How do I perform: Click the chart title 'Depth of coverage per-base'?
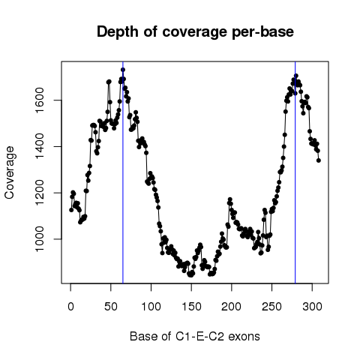(x=195, y=32)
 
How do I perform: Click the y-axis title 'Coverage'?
(x=10, y=172)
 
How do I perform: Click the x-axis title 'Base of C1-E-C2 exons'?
(x=195, y=336)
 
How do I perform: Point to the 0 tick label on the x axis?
(x=70, y=307)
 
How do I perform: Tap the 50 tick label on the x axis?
(x=111, y=307)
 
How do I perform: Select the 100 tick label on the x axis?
(x=151, y=307)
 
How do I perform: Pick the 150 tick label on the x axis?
(x=191, y=307)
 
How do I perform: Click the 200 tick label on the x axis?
(x=232, y=307)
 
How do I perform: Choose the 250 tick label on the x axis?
(x=271, y=307)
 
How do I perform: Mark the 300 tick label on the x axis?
(x=312, y=307)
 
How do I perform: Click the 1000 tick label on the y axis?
(x=40, y=239)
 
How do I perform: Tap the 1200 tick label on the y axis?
(x=40, y=193)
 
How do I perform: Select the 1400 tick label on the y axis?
(x=40, y=146)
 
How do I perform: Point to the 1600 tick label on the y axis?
(x=40, y=100)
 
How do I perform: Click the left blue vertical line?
(x=123, y=172)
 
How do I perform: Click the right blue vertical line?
(x=295, y=172)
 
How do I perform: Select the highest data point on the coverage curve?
(x=123, y=70)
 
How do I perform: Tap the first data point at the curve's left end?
(x=71, y=210)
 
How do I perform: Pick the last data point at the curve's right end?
(x=319, y=160)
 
